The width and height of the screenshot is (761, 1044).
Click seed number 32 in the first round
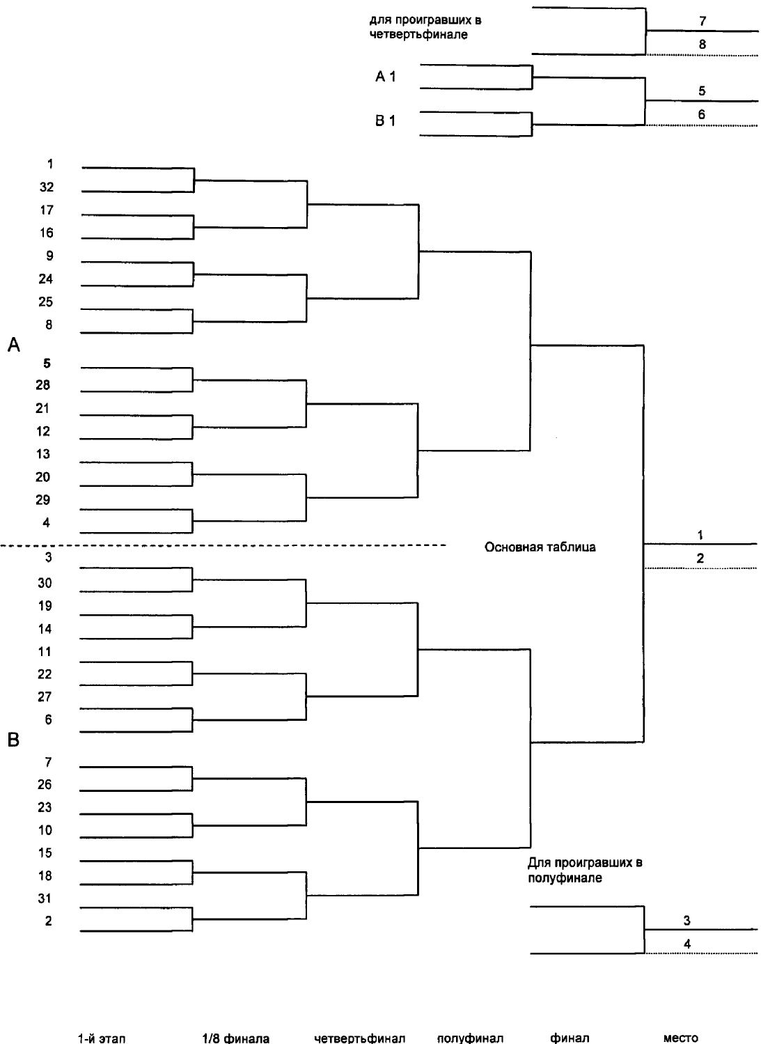click(47, 187)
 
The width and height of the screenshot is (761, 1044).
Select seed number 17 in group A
click(47, 210)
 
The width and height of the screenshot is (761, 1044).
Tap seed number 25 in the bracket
click(46, 302)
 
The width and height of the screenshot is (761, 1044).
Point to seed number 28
click(43, 384)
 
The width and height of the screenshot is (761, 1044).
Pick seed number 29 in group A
click(43, 499)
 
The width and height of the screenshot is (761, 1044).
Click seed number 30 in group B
click(45, 582)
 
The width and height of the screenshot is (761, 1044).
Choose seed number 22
click(45, 674)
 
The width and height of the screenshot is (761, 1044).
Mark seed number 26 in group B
click(45, 784)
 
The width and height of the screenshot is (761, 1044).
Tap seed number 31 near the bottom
click(45, 898)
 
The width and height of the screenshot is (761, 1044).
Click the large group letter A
click(13, 345)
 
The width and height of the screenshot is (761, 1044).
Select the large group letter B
click(13, 740)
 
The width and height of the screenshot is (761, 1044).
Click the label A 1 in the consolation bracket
click(386, 77)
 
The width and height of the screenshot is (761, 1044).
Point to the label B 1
click(386, 120)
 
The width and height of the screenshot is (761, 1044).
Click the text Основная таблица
click(540, 547)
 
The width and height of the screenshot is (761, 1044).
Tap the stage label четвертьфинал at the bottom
click(360, 1038)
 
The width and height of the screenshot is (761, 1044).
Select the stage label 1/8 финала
click(236, 1038)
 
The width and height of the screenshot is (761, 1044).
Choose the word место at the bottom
click(681, 1038)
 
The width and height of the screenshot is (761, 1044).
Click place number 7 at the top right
click(703, 21)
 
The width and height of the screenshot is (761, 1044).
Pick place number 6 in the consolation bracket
click(702, 114)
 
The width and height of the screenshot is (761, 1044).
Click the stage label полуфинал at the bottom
click(470, 1038)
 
